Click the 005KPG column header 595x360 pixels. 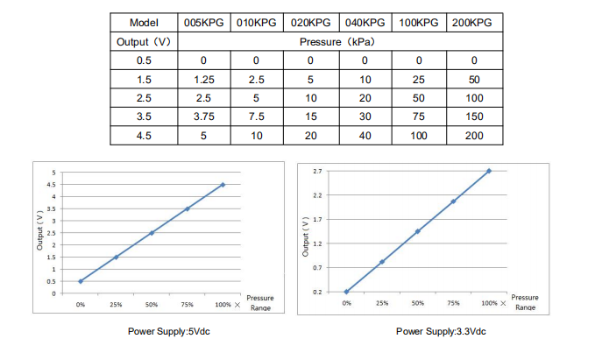[203, 23]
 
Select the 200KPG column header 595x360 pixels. [474, 23]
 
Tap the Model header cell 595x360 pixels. [143, 23]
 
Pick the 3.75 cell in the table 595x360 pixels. [203, 116]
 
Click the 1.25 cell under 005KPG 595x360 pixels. [203, 79]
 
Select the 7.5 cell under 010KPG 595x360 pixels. [257, 116]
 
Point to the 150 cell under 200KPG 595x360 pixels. [474, 116]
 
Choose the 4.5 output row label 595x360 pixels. [143, 136]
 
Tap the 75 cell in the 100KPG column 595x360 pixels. [419, 116]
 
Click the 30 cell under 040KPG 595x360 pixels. [365, 116]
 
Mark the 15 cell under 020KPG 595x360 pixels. [311, 116]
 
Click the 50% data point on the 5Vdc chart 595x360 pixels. [152, 233]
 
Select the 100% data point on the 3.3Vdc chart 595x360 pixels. [489, 171]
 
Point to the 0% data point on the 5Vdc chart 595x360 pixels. [81, 281]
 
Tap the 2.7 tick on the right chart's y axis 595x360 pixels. [317, 171]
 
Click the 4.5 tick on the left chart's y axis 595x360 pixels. [52, 185]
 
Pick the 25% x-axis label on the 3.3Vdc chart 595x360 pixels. [382, 302]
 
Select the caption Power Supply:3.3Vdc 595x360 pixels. [441, 332]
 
